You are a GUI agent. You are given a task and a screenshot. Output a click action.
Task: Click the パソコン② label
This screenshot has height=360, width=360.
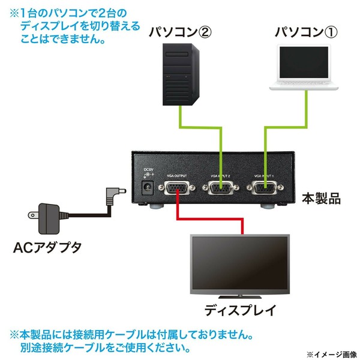coord(180,32)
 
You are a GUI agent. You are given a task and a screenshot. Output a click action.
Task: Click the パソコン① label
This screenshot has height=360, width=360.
coord(306,32)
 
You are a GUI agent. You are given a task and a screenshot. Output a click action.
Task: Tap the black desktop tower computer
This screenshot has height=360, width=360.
coord(181,74)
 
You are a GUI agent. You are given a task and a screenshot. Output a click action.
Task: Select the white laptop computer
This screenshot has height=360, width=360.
coord(304,67)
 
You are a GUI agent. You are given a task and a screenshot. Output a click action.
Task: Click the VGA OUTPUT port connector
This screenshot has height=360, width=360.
coord(177,188)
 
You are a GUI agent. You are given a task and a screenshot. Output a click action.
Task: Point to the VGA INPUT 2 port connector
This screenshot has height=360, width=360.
coord(221,188)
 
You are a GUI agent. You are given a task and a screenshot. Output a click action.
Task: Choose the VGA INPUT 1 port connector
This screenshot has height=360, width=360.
coord(265,188)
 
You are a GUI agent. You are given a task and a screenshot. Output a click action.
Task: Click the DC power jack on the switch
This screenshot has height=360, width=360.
coord(147,188)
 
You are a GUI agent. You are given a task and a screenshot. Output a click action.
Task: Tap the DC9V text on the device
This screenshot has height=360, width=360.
coord(148,170)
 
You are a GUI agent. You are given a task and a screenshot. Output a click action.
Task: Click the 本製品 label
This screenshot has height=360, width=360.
coord(321,199)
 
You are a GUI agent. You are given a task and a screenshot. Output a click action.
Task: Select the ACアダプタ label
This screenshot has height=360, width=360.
coord(47,248)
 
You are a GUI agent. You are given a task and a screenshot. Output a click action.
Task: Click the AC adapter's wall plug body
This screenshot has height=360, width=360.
coord(49,219)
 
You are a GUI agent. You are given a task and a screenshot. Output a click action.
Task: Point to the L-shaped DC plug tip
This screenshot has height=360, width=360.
coord(116,191)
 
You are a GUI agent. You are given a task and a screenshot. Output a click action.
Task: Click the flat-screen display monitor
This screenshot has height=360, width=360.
coord(239,266)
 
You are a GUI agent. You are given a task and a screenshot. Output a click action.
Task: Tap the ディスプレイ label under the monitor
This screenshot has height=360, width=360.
coord(240,310)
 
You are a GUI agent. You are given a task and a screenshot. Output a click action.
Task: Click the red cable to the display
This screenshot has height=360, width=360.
coord(209,219)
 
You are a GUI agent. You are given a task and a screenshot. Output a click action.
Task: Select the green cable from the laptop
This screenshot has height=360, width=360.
coord(286,127)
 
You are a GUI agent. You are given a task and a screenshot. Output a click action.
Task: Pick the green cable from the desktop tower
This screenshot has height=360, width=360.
coord(200,127)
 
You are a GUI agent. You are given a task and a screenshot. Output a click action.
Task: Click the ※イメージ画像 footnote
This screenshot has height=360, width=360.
coord(331,354)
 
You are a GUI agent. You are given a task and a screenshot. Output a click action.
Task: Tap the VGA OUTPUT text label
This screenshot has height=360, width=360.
coord(177,176)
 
